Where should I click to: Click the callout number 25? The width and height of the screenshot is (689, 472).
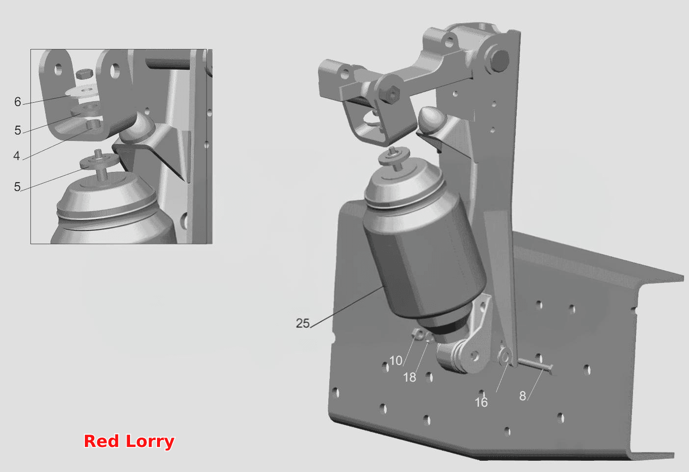(303, 323)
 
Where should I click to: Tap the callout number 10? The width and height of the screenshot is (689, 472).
(396, 360)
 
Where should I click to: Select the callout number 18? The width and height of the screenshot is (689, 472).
(409, 377)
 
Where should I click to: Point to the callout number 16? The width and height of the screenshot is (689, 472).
(481, 402)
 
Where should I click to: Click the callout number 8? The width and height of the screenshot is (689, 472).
(522, 396)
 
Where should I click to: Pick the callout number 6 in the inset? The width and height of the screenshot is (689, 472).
(18, 102)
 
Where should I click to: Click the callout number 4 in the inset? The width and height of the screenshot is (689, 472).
(17, 156)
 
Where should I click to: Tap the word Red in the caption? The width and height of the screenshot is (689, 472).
(101, 441)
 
